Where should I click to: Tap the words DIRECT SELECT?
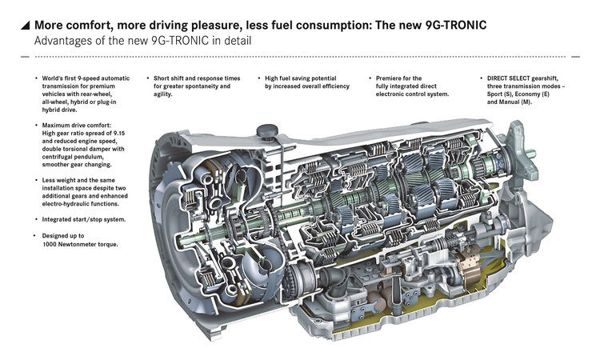507,78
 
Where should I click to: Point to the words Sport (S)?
498,94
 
